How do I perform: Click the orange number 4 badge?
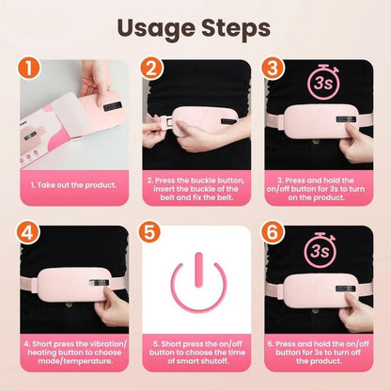(30, 232)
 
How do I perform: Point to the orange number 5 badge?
(153, 232)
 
